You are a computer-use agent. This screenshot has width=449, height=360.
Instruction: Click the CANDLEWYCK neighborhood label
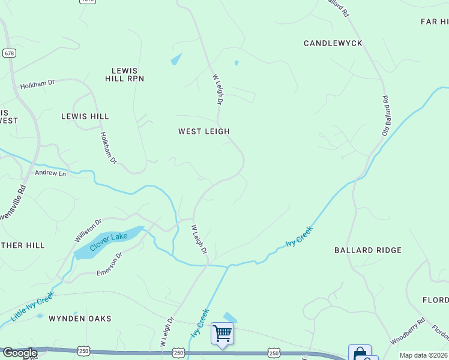pyautogui.click(x=333, y=43)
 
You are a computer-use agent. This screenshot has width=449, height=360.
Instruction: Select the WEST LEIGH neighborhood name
pyautogui.click(x=204, y=131)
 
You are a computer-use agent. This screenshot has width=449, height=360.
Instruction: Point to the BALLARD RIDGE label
pyautogui.click(x=368, y=250)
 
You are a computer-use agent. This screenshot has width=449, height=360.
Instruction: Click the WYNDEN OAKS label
pyautogui.click(x=80, y=319)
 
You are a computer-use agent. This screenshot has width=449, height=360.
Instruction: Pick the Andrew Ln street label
pyautogui.click(x=50, y=173)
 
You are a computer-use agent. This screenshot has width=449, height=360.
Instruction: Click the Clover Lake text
pyautogui.click(x=109, y=241)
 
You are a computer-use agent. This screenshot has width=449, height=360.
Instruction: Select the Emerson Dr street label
pyautogui.click(x=110, y=265)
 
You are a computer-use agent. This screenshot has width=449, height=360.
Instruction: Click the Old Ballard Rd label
pyautogui.click(x=388, y=115)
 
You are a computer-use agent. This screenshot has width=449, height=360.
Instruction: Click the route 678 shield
pyautogui.click(x=9, y=53)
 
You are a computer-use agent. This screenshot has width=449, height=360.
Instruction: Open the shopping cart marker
pyautogui.click(x=222, y=333)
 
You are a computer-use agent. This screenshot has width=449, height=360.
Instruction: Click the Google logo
pyautogui.click(x=19, y=353)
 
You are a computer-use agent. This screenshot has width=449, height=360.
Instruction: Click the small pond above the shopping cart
pyautogui.click(x=230, y=317)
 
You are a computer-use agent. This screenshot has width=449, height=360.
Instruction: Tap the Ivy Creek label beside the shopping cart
pyautogui.click(x=199, y=322)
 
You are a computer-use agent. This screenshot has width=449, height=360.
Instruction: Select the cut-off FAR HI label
pyautogui.click(x=434, y=22)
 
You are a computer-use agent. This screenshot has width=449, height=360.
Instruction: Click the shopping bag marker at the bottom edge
pyautogui.click(x=359, y=353)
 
